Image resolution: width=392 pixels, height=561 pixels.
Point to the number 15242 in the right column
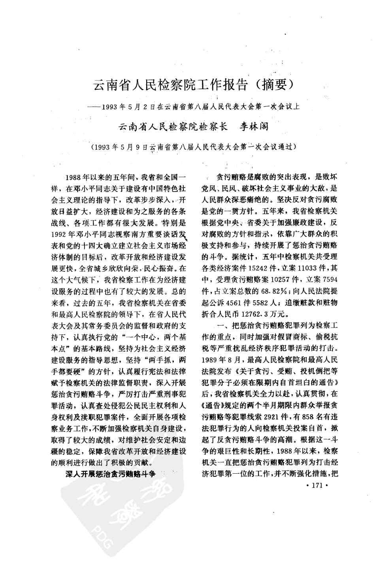(x=256, y=267)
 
